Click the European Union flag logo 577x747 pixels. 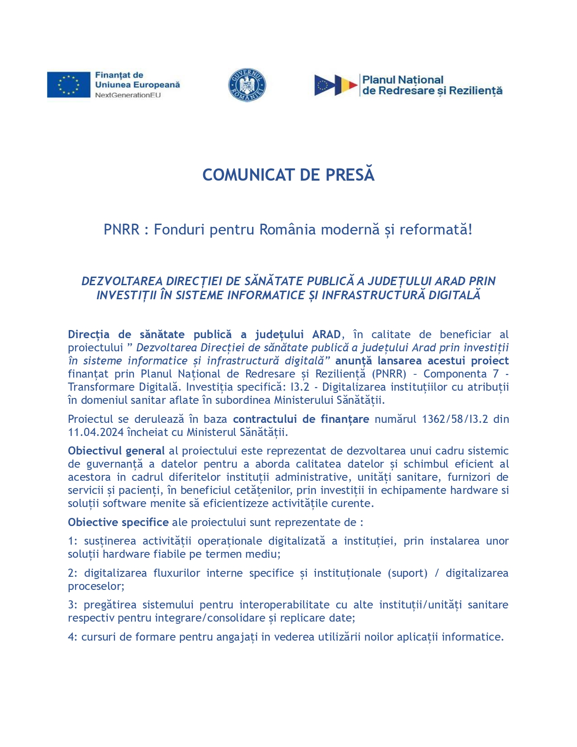click(x=68, y=85)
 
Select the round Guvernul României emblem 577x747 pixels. click(x=247, y=85)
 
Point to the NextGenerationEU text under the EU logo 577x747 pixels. click(x=128, y=95)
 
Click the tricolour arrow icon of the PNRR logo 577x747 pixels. click(x=336, y=85)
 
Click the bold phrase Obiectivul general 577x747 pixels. click(x=116, y=451)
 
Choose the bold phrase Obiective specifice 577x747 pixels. click(x=118, y=522)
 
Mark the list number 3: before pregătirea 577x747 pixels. click(x=73, y=605)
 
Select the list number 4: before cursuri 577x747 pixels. click(x=73, y=637)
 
